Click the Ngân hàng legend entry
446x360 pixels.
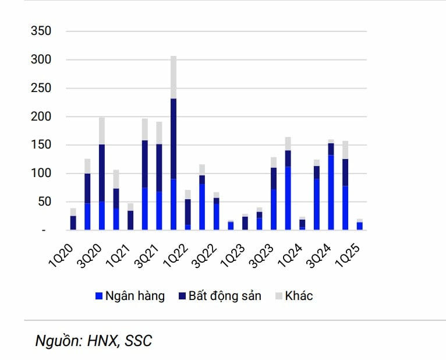tap(129, 296)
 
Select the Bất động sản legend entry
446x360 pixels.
tap(218, 296)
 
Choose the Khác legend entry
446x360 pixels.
tap(293, 296)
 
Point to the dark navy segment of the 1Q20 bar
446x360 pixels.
tap(73, 223)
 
